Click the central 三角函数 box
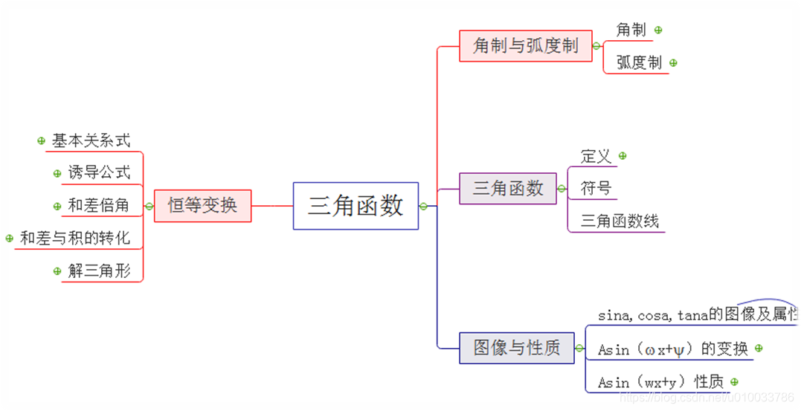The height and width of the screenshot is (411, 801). pos(356,206)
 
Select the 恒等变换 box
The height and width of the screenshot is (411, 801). pos(202,205)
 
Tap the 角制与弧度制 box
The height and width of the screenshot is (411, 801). pos(525,46)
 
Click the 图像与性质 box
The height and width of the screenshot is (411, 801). pos(517,348)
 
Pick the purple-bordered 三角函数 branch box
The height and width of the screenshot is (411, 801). pos(508,189)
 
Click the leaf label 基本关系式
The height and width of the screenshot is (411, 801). pos(91,140)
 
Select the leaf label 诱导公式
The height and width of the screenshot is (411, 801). pos(99,173)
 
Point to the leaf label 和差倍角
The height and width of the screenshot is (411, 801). pos(99,206)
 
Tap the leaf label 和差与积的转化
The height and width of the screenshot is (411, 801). pos(74,239)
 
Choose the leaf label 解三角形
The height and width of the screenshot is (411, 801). pos(99,271)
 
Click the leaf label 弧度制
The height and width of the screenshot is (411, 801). pos(639,63)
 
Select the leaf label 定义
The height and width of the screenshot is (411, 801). pos(596,156)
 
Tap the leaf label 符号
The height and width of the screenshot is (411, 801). pos(596,189)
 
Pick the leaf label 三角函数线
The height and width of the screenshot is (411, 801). pos(620,221)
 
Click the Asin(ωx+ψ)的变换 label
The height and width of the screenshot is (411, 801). pos(672,349)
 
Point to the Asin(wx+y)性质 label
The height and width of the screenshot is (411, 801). pos(660,382)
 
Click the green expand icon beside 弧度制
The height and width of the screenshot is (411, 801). pos(673,63)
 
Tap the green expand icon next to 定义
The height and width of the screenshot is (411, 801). pos(623,156)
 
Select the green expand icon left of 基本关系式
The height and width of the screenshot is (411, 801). pos(41,140)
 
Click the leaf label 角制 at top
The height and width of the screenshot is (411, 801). pos(631,30)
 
